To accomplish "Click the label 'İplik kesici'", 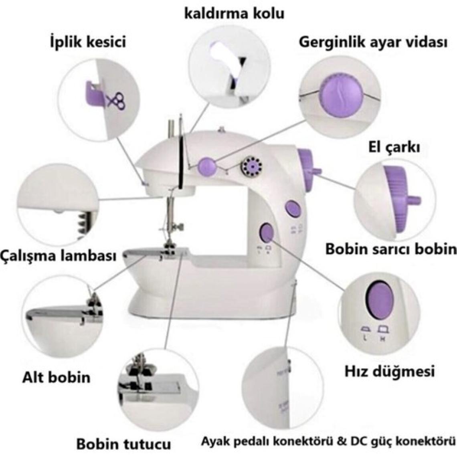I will [87, 41].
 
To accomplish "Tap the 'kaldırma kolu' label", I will [234, 13].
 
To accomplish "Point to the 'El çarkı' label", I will [394, 148].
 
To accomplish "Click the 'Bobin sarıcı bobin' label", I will [391, 249].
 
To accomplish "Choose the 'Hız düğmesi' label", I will [390, 371].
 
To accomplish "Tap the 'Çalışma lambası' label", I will [59, 255].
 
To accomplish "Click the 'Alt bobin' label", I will [56, 377].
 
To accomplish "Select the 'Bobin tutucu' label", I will [123, 444].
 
